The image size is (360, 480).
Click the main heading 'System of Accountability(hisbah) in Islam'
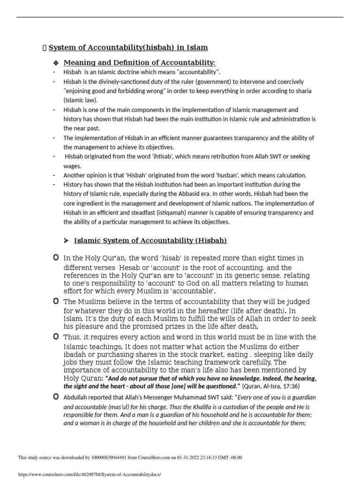click(128, 47)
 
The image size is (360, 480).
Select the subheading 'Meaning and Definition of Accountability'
click(139, 63)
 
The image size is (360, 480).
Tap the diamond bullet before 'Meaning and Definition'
click(55, 63)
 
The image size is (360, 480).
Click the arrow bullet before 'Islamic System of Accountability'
click(66, 241)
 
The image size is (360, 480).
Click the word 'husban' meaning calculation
click(219, 175)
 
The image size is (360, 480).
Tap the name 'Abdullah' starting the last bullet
click(76, 397)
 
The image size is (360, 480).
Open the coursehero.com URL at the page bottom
click(89, 474)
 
